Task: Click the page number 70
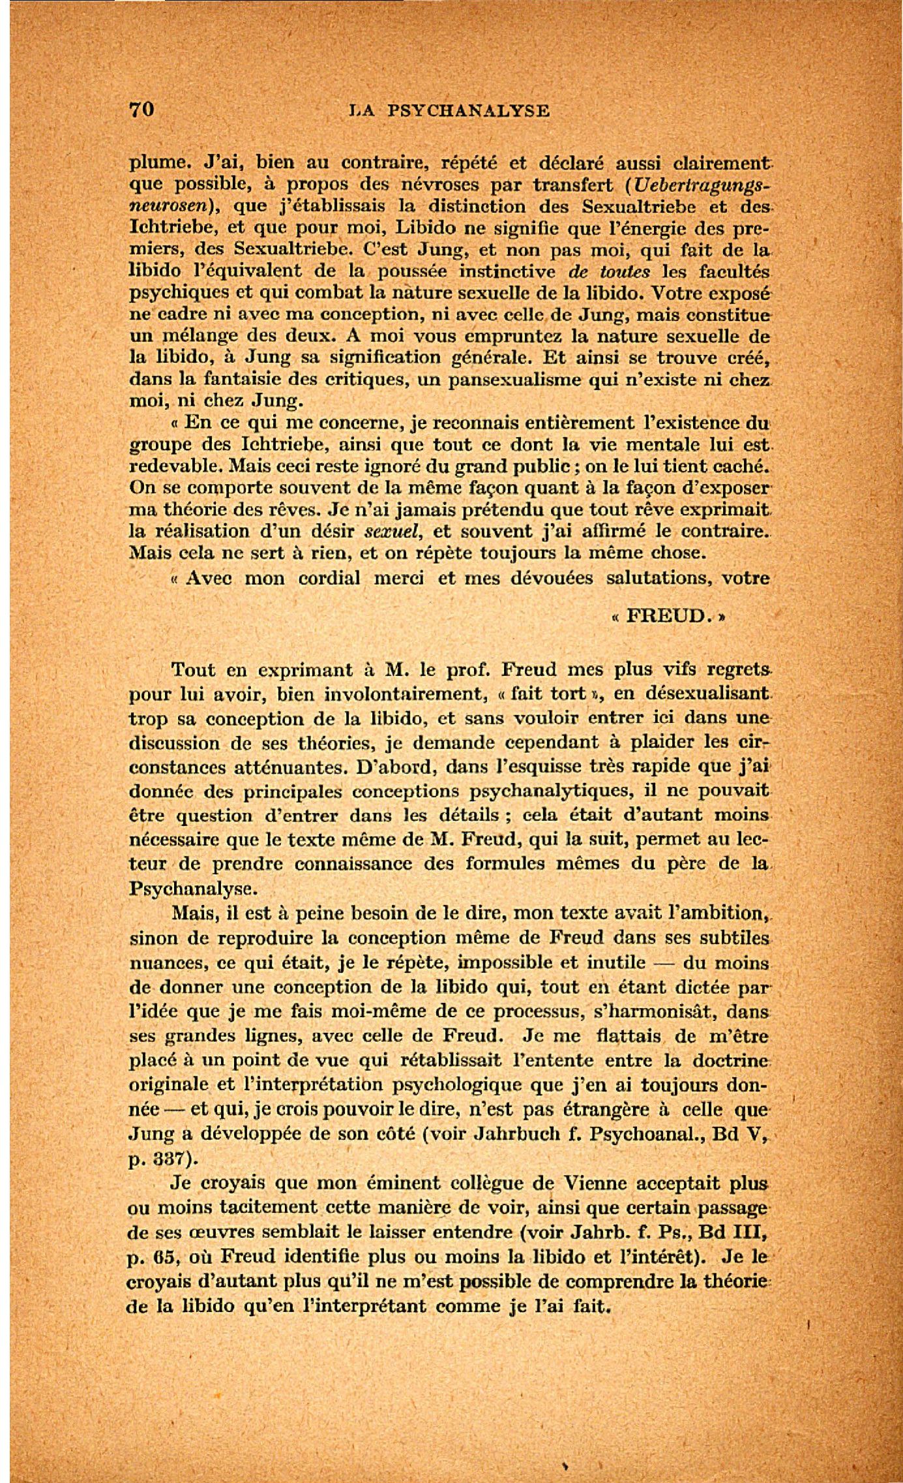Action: pos(141,109)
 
